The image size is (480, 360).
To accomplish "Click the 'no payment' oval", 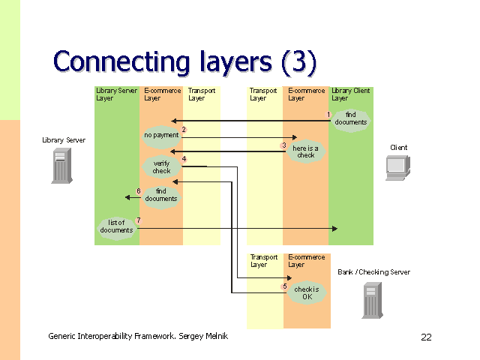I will click(x=161, y=136).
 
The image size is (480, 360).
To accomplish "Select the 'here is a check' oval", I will click(x=306, y=151).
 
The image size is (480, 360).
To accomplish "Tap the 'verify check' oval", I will click(x=162, y=167).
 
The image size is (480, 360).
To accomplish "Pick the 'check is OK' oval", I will click(x=307, y=292).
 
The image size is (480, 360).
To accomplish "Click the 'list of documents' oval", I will click(x=116, y=226).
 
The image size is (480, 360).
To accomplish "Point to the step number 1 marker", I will click(x=328, y=114).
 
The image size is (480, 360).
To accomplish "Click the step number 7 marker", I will click(x=138, y=220).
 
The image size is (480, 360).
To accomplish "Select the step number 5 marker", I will click(x=284, y=286).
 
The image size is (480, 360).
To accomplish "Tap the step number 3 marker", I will click(x=284, y=145).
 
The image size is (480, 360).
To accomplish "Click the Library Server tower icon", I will click(x=61, y=166).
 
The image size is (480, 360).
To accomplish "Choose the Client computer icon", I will click(x=398, y=168).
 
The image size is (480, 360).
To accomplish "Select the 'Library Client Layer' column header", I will click(x=350, y=94).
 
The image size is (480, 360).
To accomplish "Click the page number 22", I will click(x=426, y=337).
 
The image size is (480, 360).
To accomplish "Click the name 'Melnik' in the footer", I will click(x=214, y=336).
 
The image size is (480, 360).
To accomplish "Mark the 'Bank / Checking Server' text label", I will click(x=373, y=272).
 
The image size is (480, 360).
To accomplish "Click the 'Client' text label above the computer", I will click(x=399, y=148).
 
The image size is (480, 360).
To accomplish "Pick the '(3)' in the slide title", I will click(x=299, y=61).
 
